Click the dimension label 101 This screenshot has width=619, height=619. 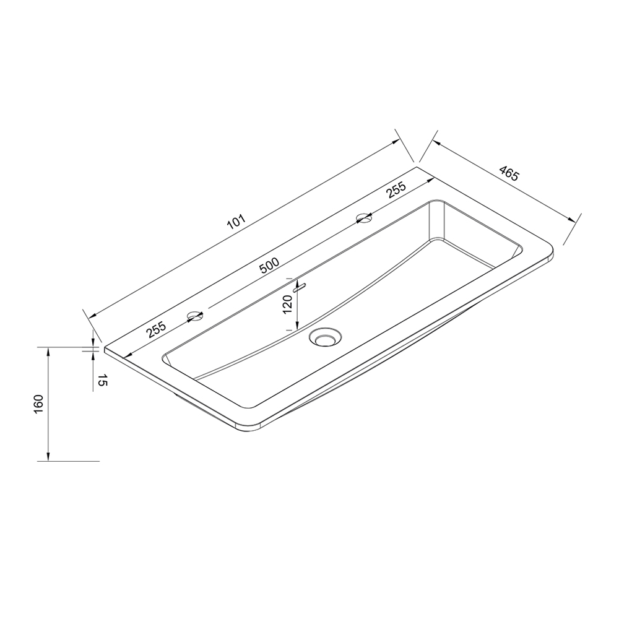tap(236, 223)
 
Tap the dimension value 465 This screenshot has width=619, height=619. tap(509, 173)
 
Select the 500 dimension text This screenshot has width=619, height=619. tap(269, 266)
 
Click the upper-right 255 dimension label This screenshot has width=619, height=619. tap(396, 190)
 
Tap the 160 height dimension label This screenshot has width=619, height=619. tap(38, 404)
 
